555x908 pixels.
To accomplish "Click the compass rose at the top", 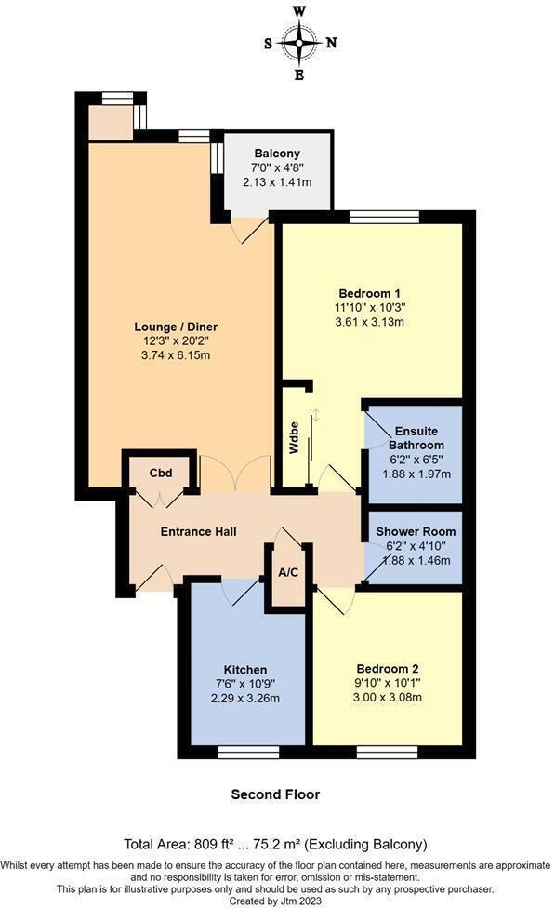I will (299, 41).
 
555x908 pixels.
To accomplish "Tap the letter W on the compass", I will (299, 11).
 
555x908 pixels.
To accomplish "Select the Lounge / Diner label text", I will (176, 327).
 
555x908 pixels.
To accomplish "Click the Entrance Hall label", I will (198, 531).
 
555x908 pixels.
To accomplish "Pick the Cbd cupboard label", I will (161, 473).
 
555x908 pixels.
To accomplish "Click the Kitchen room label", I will (245, 670).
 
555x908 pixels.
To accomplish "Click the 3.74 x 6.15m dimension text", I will (176, 354).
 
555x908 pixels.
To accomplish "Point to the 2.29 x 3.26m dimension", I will (245, 698).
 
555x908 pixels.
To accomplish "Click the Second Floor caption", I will (275, 794).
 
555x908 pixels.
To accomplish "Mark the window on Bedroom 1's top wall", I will (384, 217).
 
